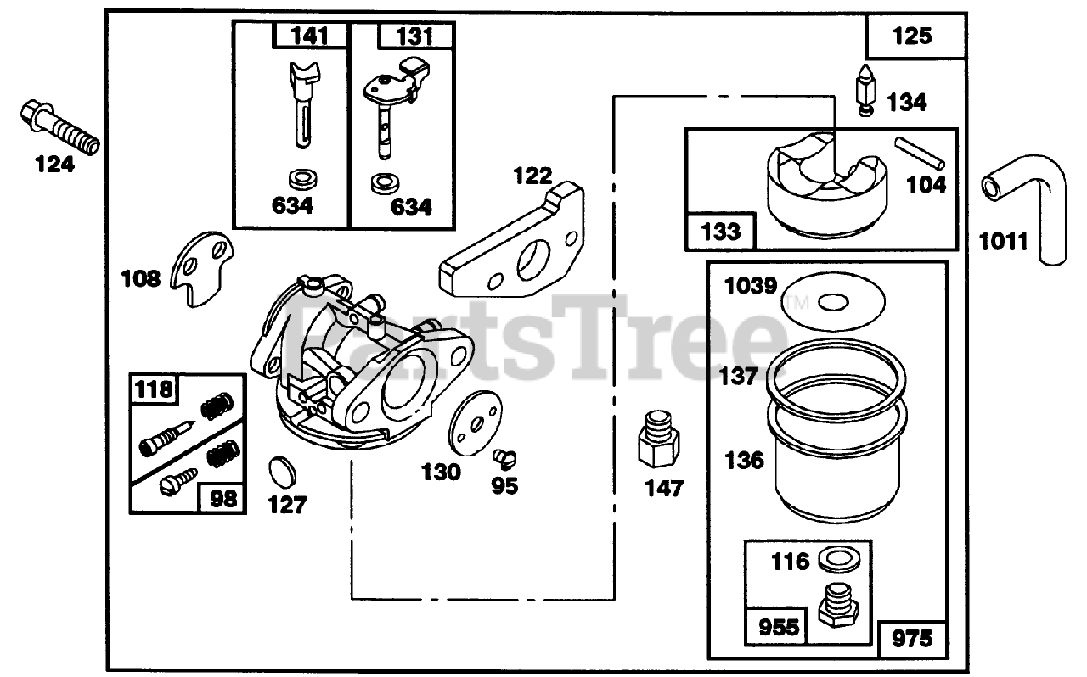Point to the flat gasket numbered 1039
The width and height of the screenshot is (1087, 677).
tap(833, 301)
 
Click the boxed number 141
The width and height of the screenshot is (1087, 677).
tap(310, 36)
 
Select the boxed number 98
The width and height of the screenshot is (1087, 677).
tap(223, 498)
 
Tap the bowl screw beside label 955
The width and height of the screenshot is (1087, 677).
tap(836, 605)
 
